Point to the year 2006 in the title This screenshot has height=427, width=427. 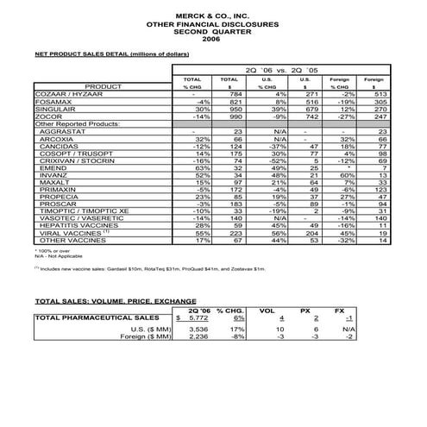[210, 39]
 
